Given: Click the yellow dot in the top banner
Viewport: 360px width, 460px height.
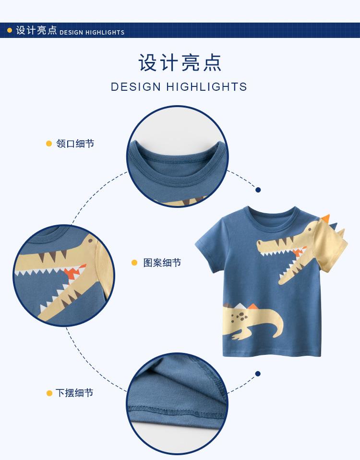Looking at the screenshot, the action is [x=10, y=30].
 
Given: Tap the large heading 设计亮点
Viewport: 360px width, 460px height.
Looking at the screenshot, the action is [x=180, y=62].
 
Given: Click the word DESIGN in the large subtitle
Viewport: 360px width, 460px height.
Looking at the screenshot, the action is [x=136, y=87].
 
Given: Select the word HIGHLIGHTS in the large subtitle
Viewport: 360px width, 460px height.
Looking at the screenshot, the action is [x=207, y=87].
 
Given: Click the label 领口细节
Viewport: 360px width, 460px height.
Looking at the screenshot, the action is [x=75, y=144].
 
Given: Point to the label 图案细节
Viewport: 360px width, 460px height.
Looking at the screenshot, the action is [x=162, y=263].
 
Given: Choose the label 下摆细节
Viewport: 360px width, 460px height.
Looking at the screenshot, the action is [x=74, y=393].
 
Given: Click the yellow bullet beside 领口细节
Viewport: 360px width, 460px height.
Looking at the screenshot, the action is [x=49, y=144].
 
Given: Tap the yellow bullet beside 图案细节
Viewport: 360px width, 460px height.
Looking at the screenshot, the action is [x=134, y=263].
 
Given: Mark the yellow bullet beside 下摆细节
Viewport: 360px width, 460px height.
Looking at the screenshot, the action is [x=49, y=393].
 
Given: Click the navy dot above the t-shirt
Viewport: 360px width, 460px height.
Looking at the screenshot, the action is [x=258, y=190].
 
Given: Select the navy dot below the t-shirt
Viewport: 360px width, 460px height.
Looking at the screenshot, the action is [x=258, y=374].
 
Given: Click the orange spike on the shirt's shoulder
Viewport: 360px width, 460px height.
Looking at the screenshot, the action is [x=326, y=218].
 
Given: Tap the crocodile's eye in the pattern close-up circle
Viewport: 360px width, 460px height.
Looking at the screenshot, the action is [x=90, y=241].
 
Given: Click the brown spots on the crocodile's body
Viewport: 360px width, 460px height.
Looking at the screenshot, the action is [x=240, y=317].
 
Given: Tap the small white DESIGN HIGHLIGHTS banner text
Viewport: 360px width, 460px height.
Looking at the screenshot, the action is [x=92, y=32].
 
